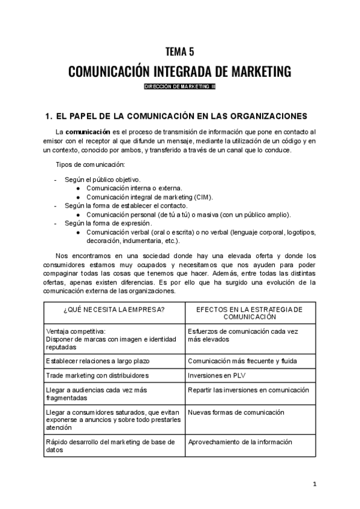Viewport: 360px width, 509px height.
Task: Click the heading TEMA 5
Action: pyautogui.click(x=179, y=52)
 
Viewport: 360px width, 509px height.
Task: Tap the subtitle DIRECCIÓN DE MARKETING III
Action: pyautogui.click(x=179, y=87)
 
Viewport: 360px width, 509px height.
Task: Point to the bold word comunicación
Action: pyautogui.click(x=88, y=131)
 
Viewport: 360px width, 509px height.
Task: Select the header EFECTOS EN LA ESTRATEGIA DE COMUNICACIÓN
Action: pyautogui.click(x=250, y=312)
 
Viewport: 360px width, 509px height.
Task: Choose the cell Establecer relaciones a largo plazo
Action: pyautogui.click(x=98, y=361)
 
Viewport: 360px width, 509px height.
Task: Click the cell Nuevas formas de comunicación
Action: pyautogui.click(x=236, y=413)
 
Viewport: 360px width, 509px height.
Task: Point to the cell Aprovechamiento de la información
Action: pyautogui.click(x=240, y=442)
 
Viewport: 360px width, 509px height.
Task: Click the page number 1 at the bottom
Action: pyautogui.click(x=314, y=484)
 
